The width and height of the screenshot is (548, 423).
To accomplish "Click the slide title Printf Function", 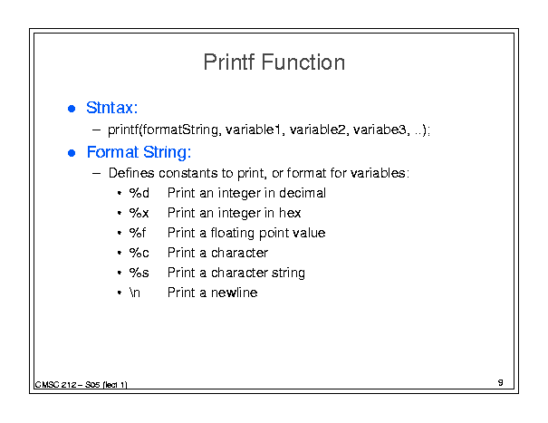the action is (274, 62).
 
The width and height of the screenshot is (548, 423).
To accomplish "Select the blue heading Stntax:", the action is (111, 108).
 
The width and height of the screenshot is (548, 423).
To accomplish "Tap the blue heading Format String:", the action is (139, 152).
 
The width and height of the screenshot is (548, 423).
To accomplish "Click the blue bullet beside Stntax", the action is (72, 109).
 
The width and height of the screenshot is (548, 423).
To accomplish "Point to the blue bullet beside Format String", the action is (72, 153).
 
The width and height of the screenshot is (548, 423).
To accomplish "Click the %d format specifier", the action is (139, 193).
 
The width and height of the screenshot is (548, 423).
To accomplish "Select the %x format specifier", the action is (139, 213).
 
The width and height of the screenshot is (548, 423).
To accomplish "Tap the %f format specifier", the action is (138, 233).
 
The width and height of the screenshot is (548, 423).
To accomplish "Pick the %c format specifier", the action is (139, 253).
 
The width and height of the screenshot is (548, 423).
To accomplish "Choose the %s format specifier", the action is (139, 273).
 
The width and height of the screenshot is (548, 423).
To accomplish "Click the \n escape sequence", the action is (135, 293).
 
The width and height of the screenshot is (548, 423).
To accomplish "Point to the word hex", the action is (290, 213).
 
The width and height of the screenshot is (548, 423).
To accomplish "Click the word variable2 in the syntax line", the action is (318, 130).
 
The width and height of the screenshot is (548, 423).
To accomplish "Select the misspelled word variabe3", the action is (380, 130).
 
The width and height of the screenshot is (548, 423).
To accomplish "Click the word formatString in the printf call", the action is (180, 130).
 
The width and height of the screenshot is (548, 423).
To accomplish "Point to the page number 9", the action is (501, 382).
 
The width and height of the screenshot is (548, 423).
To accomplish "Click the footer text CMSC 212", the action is (55, 385).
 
